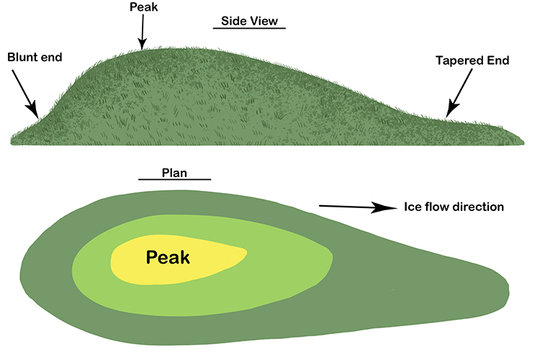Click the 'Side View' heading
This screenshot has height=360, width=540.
pyautogui.click(x=249, y=19)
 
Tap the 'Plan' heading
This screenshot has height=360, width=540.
pyautogui.click(x=174, y=170)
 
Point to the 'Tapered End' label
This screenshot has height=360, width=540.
pyautogui.click(x=472, y=61)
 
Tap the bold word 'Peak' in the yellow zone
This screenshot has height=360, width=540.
pyautogui.click(x=168, y=256)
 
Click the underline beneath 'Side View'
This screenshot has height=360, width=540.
pyautogui.click(x=249, y=28)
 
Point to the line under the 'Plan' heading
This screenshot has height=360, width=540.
pyautogui.click(x=174, y=179)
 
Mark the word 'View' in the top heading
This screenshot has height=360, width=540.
pyautogui.click(x=267, y=19)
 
